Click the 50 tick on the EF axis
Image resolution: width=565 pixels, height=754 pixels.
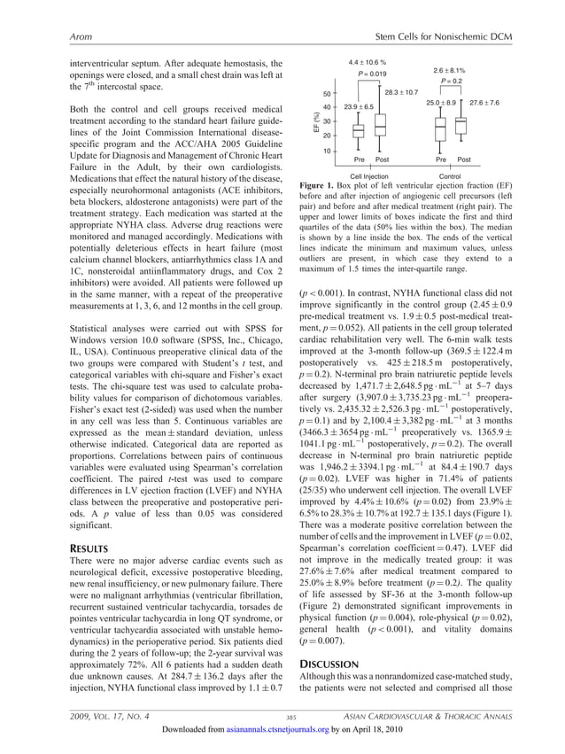coord(325,93)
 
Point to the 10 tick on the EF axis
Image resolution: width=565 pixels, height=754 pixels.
coord(325,151)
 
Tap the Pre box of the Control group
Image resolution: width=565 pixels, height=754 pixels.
coord(441,129)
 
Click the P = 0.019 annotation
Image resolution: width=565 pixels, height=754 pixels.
coord(371,74)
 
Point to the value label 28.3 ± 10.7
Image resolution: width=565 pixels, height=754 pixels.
coord(401,92)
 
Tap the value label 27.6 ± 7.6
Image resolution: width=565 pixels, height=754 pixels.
coord(484,104)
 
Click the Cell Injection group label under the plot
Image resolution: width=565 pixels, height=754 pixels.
coord(369,175)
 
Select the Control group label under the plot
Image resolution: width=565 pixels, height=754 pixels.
coord(451,175)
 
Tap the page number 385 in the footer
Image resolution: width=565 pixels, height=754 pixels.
coord(291,716)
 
